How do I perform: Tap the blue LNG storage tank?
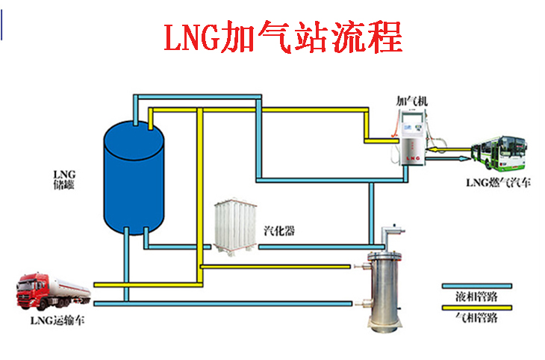click(x=133, y=176)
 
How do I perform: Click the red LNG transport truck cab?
click(x=33, y=292)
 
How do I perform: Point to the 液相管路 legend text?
click(x=476, y=297)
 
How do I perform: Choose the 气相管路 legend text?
click(x=476, y=317)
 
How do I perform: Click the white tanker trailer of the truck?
click(x=70, y=286)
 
